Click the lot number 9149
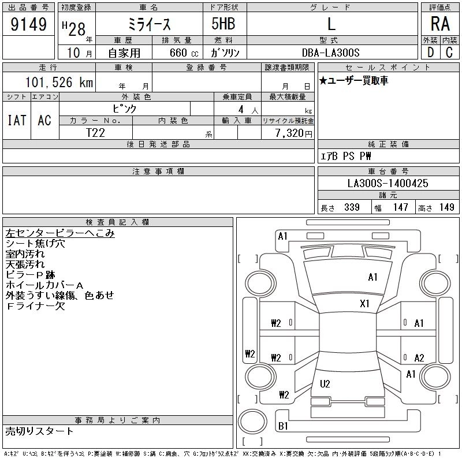click(28, 24)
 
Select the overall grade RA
click(440, 24)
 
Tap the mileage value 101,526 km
click(59, 82)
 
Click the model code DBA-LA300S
click(330, 53)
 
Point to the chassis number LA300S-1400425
click(388, 183)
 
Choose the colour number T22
click(95, 133)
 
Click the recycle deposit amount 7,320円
click(294, 133)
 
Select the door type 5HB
click(223, 24)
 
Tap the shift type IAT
click(17, 120)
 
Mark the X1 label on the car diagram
click(364, 304)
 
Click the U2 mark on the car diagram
click(325, 383)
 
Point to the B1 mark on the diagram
click(283, 426)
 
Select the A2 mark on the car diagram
click(419, 357)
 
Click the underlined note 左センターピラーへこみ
click(60, 233)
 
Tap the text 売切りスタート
click(39, 431)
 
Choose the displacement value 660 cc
click(184, 53)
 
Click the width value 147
click(400, 207)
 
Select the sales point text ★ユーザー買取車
click(353, 80)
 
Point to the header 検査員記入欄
click(117, 222)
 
